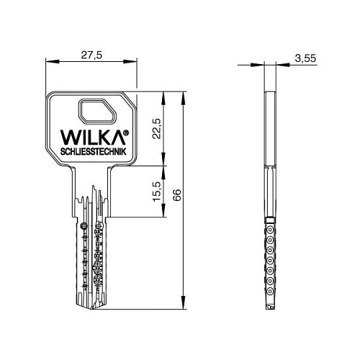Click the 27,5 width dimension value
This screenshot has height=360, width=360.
pyautogui.click(x=91, y=54)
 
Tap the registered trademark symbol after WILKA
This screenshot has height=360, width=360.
pyautogui.click(x=127, y=132)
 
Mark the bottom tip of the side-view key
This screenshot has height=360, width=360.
pyautogui.click(x=269, y=308)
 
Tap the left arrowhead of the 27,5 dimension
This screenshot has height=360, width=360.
pyautogui.click(x=49, y=63)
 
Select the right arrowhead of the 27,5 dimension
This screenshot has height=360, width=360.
pyautogui.click(x=135, y=63)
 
